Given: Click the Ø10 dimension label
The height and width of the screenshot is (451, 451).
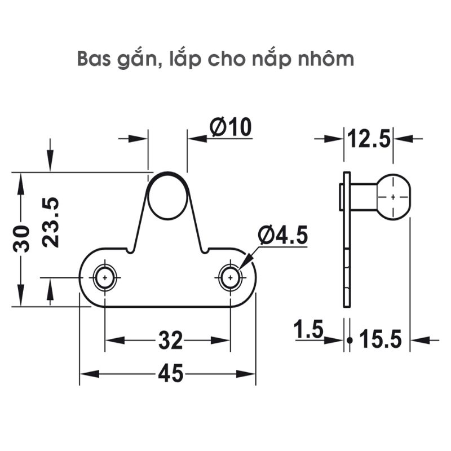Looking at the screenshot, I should [x=230, y=128].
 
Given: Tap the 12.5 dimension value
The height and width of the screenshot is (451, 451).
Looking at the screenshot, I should [x=369, y=139].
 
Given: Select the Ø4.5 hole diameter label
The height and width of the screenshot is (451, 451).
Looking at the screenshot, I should [x=283, y=235].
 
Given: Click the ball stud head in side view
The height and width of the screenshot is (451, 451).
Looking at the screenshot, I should [x=392, y=196].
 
